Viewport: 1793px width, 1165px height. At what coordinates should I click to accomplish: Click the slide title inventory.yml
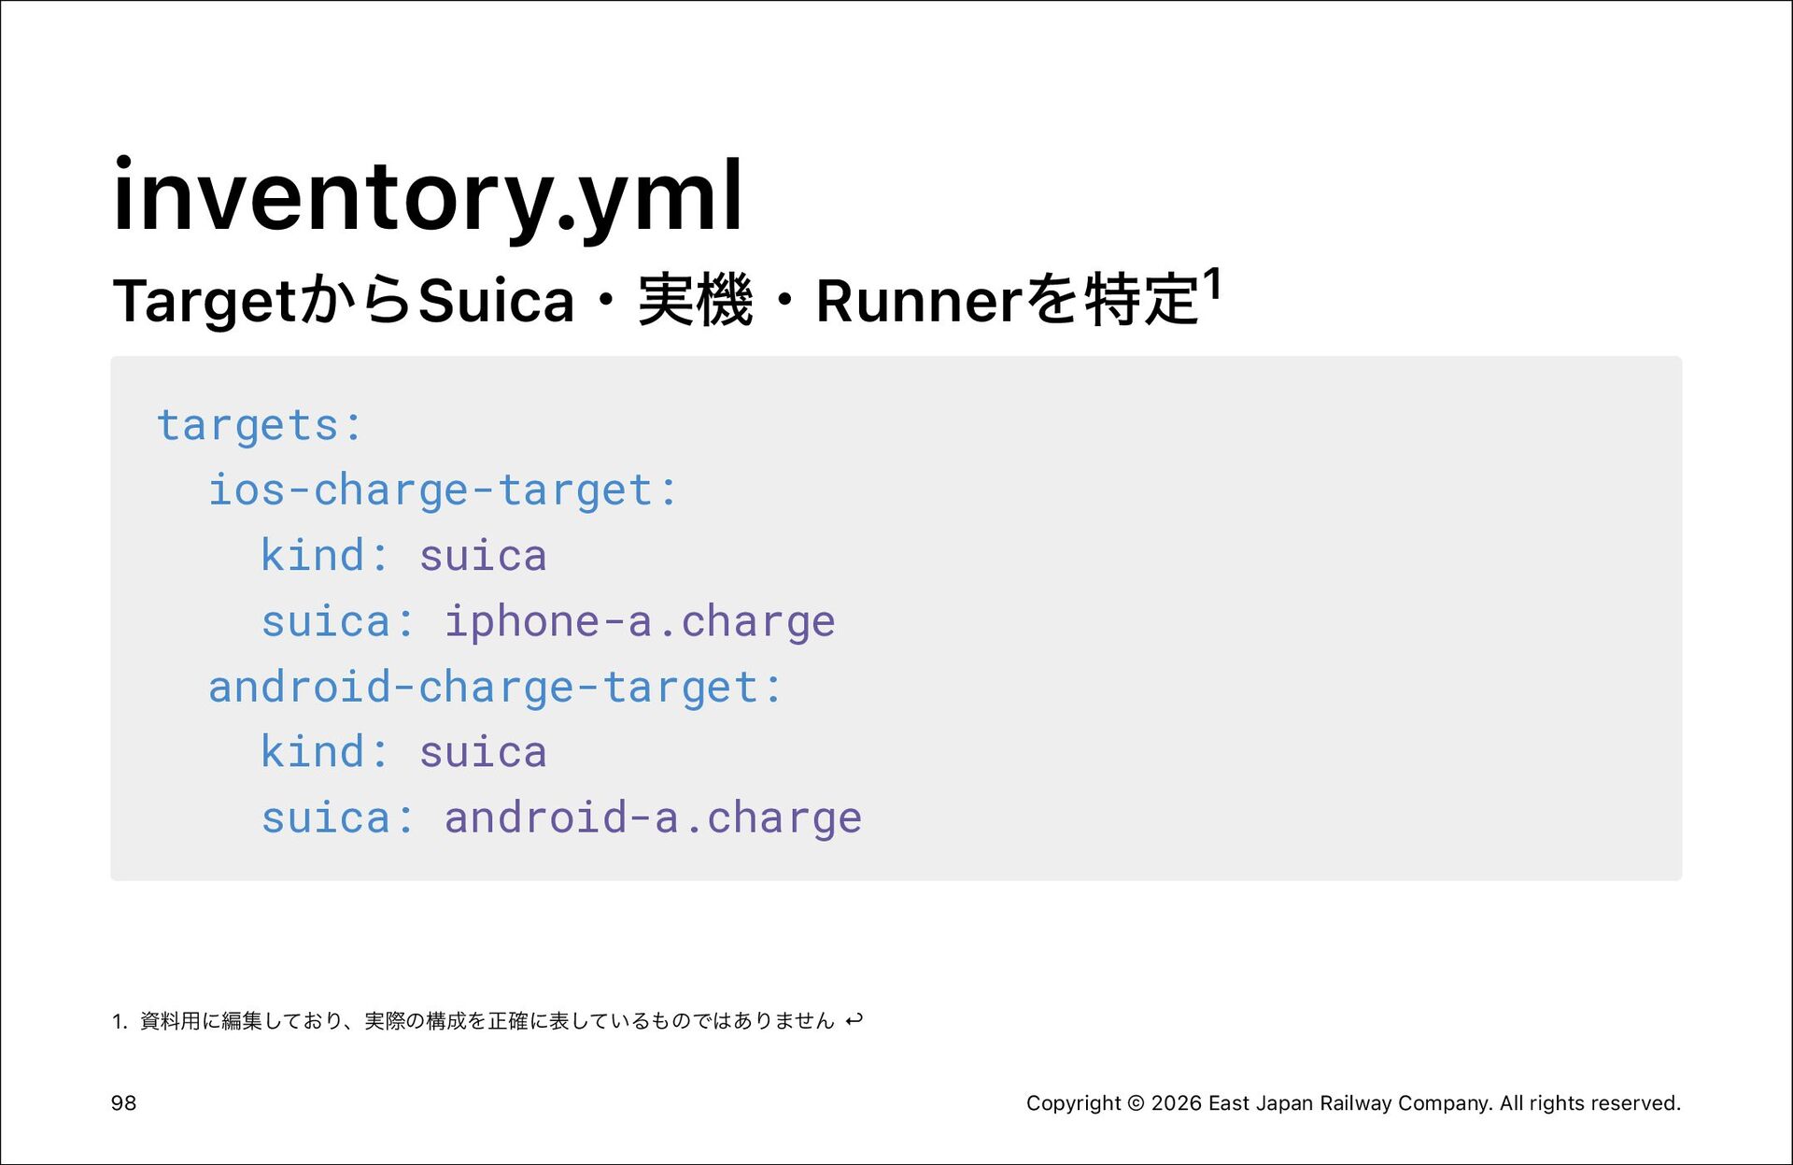(428, 196)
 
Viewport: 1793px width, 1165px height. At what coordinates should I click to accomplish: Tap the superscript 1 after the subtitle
(1212, 284)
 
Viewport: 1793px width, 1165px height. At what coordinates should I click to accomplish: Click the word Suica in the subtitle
(496, 301)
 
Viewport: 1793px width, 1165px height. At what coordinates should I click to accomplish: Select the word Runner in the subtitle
(920, 301)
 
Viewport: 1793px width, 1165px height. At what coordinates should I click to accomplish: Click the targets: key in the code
(259, 426)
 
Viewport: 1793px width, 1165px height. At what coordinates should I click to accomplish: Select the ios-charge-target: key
(442, 490)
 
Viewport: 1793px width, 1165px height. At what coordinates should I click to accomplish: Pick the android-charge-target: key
(494, 688)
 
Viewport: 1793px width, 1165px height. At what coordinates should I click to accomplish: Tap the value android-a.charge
(652, 818)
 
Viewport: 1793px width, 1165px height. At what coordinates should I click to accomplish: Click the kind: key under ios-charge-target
(324, 556)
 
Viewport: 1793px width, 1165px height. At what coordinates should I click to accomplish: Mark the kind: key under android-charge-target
(324, 752)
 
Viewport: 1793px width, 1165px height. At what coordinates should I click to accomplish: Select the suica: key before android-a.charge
(337, 818)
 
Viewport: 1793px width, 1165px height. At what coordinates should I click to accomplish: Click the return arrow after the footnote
(854, 1020)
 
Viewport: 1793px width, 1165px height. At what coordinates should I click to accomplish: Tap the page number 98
(123, 1103)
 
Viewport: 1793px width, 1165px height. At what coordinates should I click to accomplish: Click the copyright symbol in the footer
(1136, 1103)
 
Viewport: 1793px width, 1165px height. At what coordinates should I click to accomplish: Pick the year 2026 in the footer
(1177, 1103)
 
